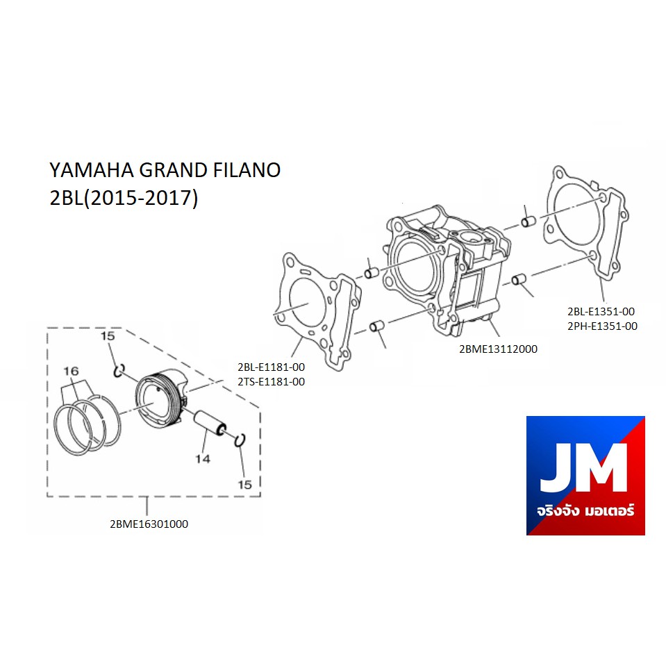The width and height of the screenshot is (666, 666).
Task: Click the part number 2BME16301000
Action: tap(149, 524)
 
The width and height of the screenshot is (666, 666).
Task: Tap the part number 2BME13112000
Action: tap(498, 349)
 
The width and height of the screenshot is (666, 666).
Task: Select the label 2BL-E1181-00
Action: tap(271, 367)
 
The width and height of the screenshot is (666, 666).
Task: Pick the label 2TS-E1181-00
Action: tap(271, 382)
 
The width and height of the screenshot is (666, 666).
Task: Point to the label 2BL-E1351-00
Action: tap(601, 311)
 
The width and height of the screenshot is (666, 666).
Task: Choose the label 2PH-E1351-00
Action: tap(602, 326)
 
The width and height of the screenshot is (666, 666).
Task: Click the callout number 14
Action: tap(203, 459)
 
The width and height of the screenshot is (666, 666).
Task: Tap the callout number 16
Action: tap(71, 372)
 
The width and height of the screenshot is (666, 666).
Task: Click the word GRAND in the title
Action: tap(173, 170)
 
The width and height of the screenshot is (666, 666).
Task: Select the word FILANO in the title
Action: tap(247, 170)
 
